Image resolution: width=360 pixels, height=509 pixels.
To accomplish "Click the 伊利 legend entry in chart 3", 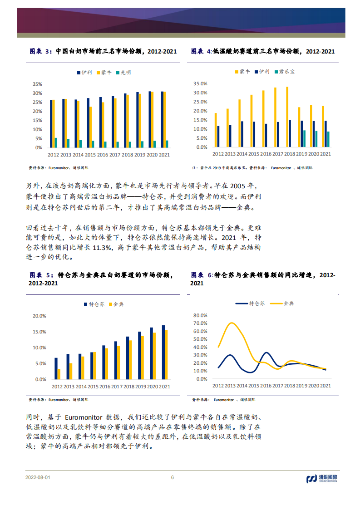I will click(85, 73).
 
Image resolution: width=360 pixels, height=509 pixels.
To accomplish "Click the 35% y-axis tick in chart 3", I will click(37, 84).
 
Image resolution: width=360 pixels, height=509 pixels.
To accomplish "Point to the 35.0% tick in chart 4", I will click(200, 83).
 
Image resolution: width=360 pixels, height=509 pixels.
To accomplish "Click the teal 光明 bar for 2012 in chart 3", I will click(56, 142).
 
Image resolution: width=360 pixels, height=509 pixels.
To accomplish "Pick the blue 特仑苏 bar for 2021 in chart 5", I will click(163, 352).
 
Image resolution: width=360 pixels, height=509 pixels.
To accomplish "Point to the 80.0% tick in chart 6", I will click(200, 315).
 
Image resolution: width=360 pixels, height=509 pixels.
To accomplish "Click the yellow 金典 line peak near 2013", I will click(232, 323).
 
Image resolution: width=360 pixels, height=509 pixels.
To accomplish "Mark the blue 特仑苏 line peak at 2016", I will click(266, 352).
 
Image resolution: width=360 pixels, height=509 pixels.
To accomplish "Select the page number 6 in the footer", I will click(172, 477).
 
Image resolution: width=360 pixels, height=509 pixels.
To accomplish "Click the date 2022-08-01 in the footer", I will click(38, 477).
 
